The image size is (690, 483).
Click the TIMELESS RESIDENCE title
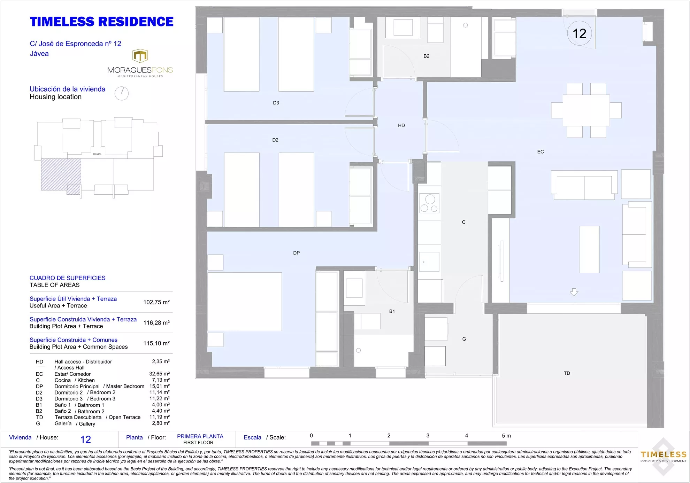tap(102, 22)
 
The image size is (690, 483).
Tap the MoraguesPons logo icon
tap(140, 56)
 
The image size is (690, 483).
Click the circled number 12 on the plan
tap(579, 33)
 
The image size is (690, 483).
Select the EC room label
tap(540, 152)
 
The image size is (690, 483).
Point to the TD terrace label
tap(567, 373)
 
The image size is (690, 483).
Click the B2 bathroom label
tap(427, 56)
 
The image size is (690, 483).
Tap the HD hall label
tap(401, 125)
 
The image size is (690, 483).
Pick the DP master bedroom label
tap(297, 253)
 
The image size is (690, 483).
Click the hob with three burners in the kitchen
tap(429, 203)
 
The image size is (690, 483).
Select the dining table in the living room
tap(586, 110)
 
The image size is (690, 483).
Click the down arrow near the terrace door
tap(574, 292)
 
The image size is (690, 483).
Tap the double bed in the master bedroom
tap(245, 302)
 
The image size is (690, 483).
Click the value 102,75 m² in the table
tap(156, 302)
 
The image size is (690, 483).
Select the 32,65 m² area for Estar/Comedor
tap(160, 374)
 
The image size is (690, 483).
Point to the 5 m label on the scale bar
tap(506, 436)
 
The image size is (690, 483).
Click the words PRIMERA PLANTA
tap(200, 436)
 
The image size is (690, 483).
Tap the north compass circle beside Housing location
tap(122, 93)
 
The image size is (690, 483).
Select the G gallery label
tap(464, 339)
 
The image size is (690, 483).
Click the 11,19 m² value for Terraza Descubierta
tap(160, 417)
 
